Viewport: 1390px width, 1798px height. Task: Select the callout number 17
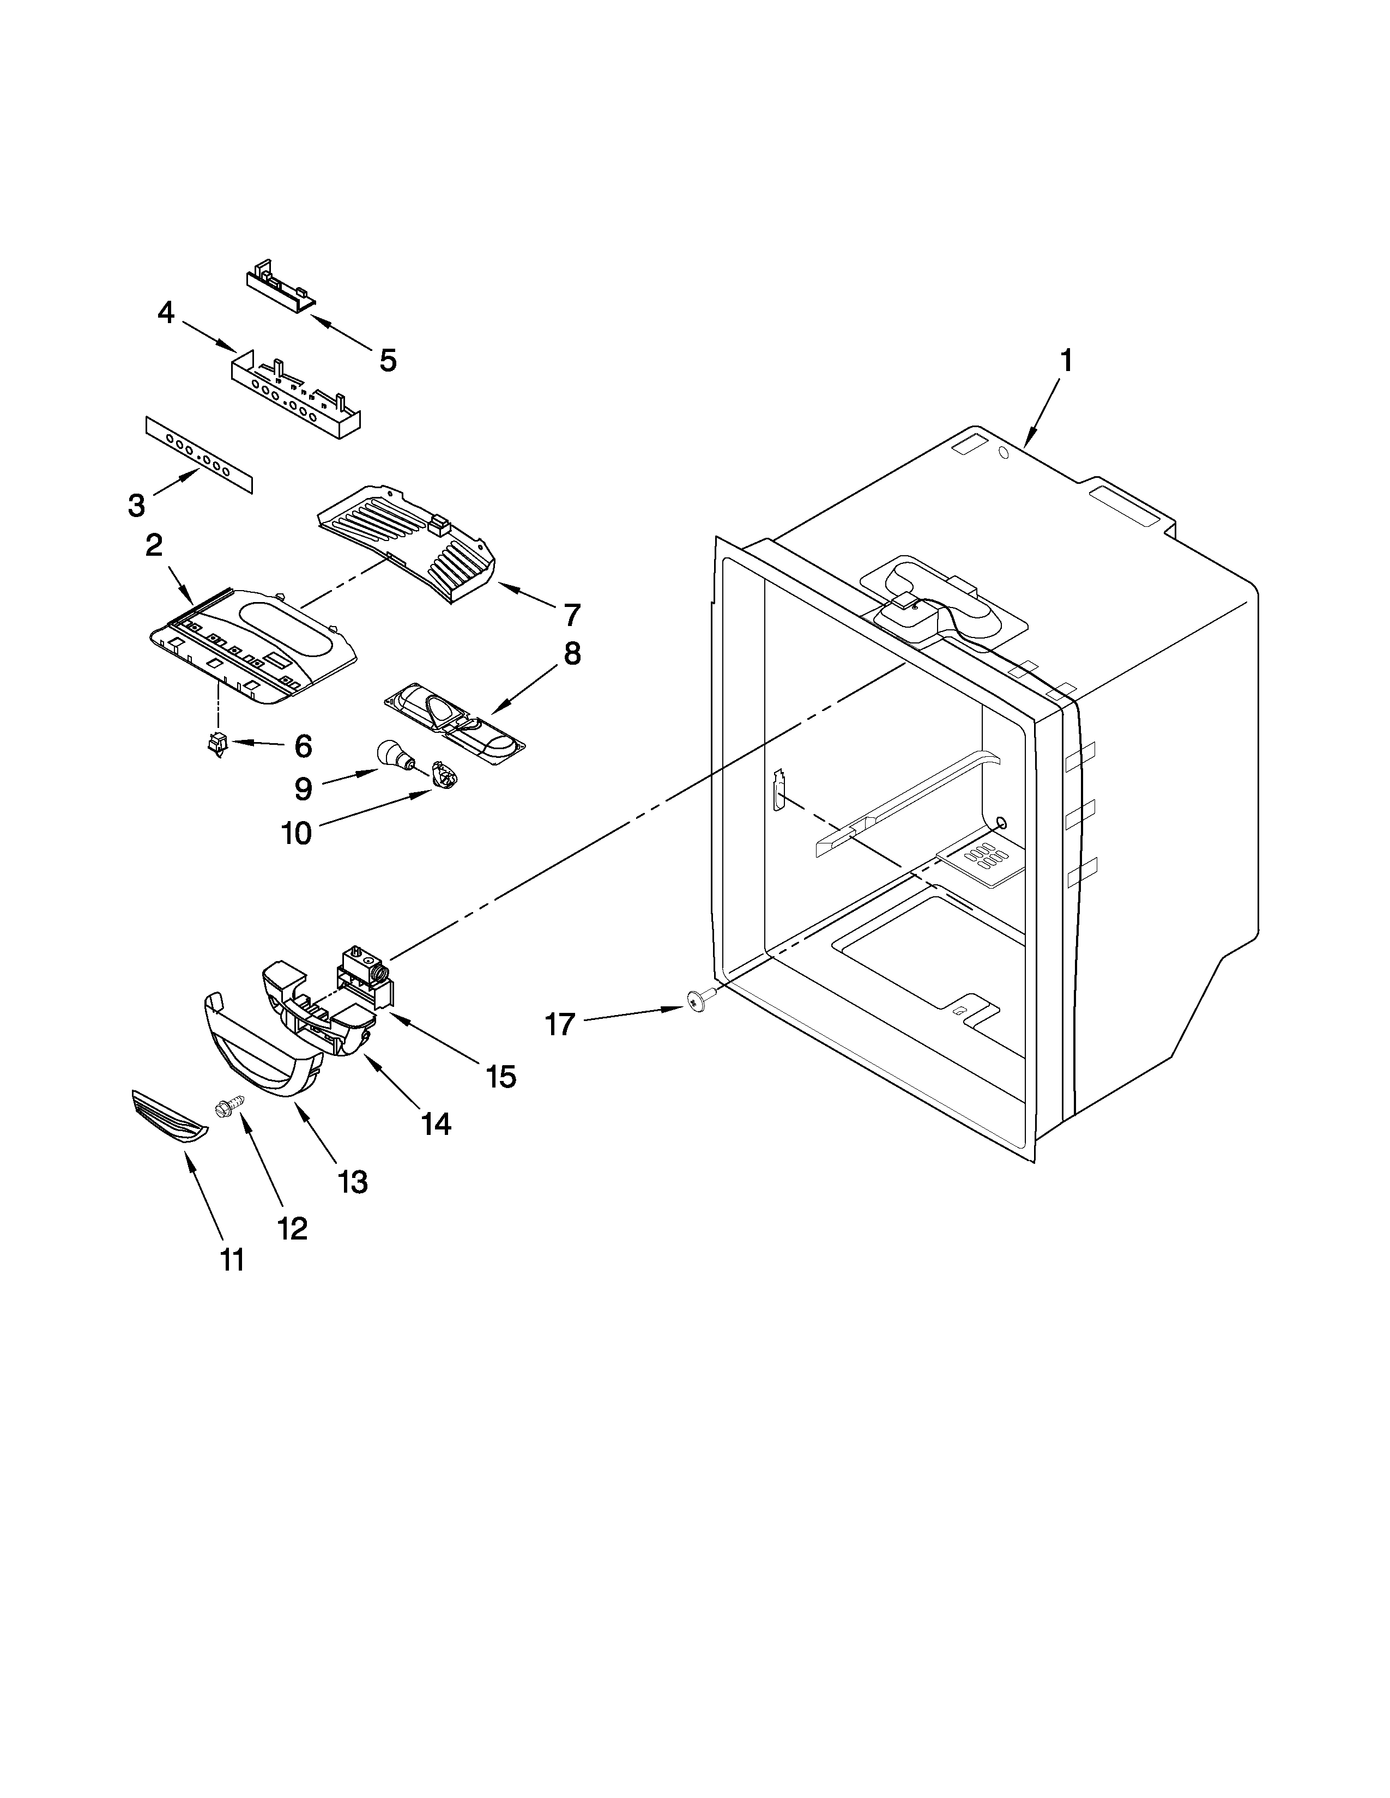point(559,1025)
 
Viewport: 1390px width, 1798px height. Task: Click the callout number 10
point(297,833)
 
